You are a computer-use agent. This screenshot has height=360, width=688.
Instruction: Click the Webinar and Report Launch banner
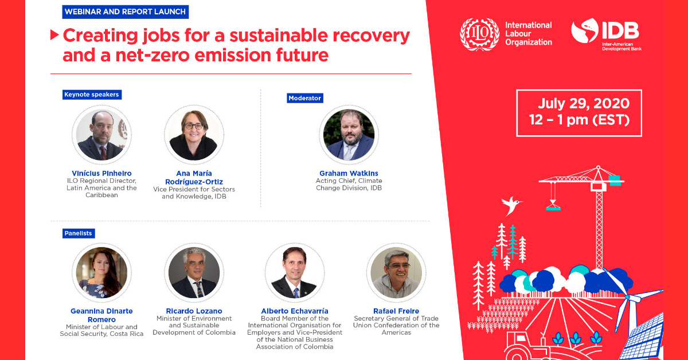pos(126,11)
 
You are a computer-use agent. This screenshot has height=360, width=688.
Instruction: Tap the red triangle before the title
pos(54,35)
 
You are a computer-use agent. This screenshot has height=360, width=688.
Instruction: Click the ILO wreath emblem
pos(479,34)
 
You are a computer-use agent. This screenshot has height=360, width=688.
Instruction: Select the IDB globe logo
pos(585,30)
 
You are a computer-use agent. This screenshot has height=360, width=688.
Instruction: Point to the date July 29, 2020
pos(584,103)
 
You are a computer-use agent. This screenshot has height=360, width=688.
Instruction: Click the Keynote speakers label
pos(92,95)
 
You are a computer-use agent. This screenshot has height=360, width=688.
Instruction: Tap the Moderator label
pos(304,98)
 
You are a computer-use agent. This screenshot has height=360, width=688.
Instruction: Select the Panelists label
pos(79,233)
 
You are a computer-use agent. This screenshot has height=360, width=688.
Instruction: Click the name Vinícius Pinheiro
pos(101,173)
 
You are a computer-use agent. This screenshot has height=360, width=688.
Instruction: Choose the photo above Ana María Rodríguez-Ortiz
pos(194,135)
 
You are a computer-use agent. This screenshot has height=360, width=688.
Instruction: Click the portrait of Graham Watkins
pos(349,135)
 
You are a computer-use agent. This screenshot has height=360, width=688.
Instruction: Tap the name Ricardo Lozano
pos(194,311)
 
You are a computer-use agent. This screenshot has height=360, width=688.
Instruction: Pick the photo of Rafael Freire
pos(396,272)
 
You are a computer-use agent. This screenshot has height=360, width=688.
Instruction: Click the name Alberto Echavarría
pos(295,311)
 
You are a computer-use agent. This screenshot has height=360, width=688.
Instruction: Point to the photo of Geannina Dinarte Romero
pos(101,272)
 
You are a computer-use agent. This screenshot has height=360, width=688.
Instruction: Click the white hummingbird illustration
pos(511,205)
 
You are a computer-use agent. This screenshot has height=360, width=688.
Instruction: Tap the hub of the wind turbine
pos(627,297)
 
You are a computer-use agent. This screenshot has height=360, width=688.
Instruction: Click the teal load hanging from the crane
pos(553,208)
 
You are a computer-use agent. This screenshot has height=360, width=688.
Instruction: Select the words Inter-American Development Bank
pos(621,46)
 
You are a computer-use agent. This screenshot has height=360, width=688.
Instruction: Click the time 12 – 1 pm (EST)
pos(579,120)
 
